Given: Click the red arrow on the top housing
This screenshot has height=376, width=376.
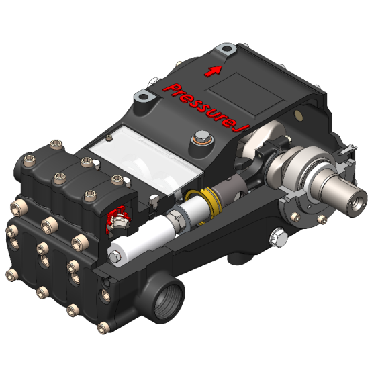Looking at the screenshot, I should [214, 69].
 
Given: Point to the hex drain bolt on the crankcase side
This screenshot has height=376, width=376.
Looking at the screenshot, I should [276, 236].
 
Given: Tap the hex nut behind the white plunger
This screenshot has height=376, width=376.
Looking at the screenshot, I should [176, 217].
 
